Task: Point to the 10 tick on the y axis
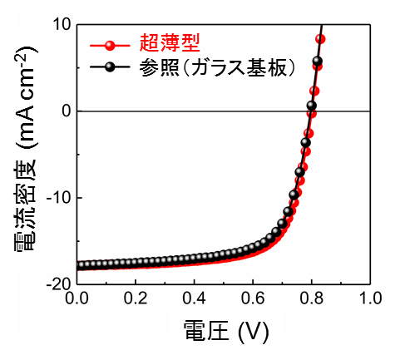click(59, 24)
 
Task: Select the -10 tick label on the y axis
click(55, 197)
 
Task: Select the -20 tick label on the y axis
click(55, 284)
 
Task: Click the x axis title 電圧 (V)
click(223, 333)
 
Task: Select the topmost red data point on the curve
click(321, 39)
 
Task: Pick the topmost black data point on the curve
click(318, 61)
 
